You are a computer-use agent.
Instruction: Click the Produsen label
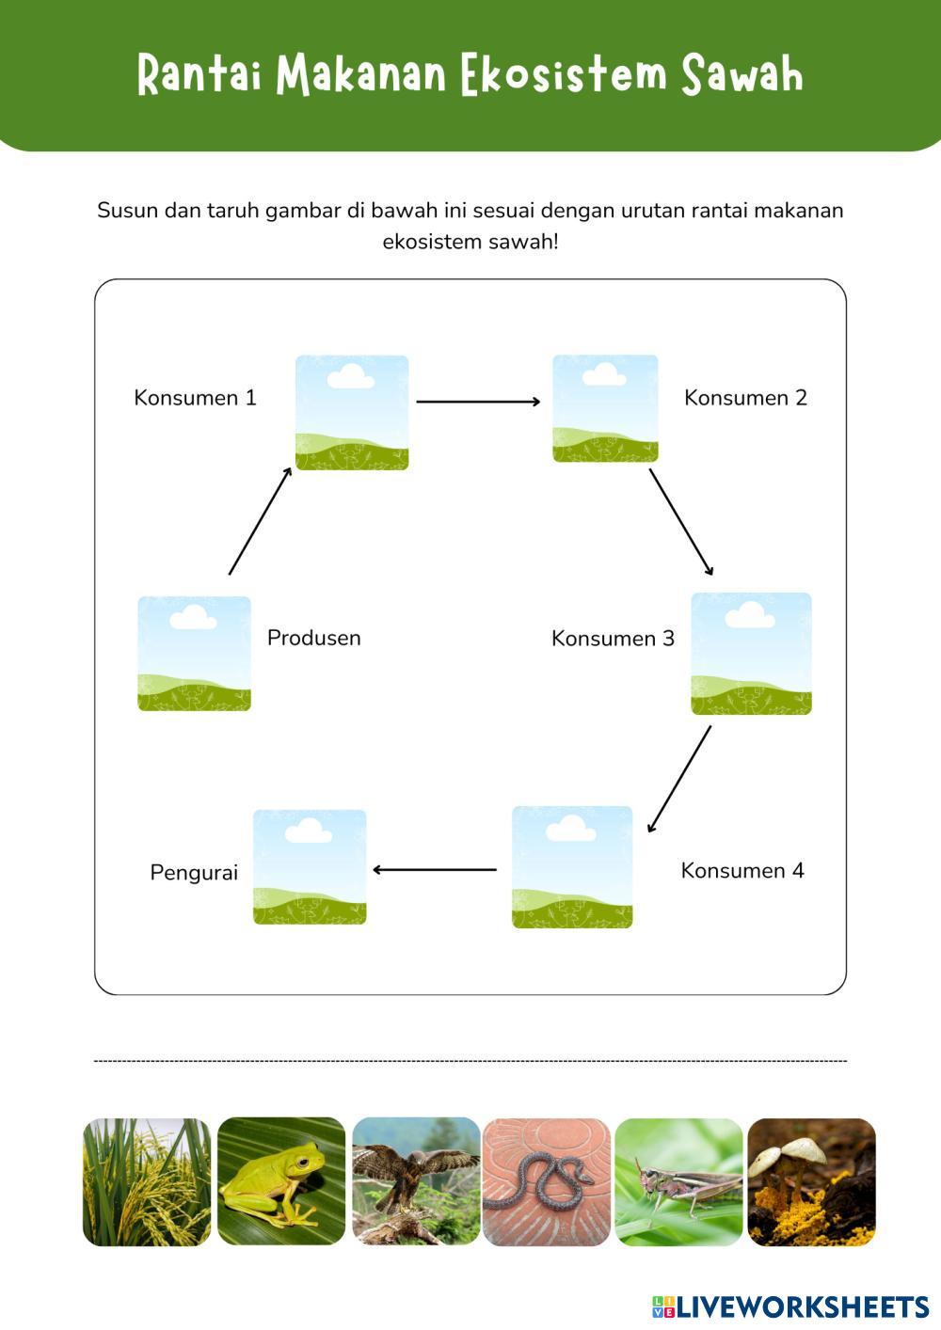(313, 638)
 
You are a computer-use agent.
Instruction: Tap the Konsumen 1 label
(195, 398)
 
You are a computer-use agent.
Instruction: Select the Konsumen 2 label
(745, 398)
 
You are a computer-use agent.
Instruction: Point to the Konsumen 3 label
(613, 639)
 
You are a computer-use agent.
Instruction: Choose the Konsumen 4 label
(742, 871)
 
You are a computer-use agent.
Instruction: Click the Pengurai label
(194, 873)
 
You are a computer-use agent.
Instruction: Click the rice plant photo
(147, 1181)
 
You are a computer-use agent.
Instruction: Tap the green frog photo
(281, 1181)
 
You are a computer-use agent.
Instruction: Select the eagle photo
(416, 1181)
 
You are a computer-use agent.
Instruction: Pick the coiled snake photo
(547, 1181)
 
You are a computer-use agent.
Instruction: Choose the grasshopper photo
(678, 1181)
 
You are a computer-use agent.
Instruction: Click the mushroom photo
(811, 1181)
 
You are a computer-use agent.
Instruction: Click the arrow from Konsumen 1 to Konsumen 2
(478, 403)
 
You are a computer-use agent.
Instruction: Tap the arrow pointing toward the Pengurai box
(435, 870)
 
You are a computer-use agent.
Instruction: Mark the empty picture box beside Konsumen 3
(751, 654)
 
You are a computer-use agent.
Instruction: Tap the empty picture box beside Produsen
(195, 654)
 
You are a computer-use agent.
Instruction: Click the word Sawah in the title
(742, 75)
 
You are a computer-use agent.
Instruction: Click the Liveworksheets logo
(790, 1306)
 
